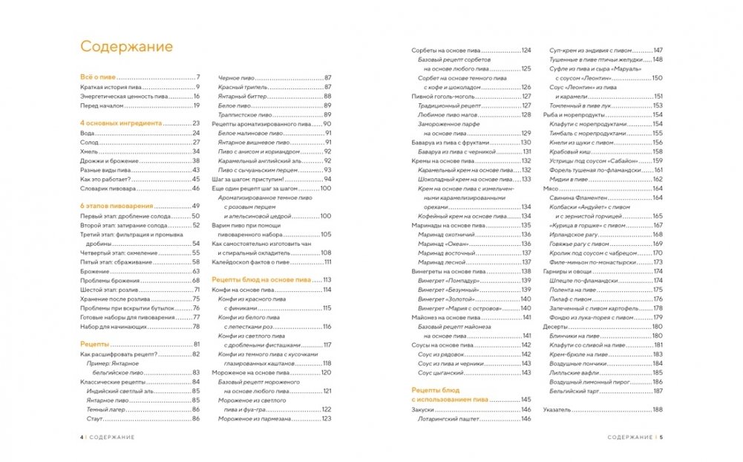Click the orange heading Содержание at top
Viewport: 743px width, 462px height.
coord(126,46)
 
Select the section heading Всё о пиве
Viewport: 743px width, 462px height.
coord(99,77)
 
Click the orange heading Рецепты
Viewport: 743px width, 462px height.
coord(94,345)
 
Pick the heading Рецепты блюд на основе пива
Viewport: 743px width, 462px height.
coord(261,279)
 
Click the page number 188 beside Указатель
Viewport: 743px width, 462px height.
coord(657,410)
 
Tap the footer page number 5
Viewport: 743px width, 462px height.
coord(661,436)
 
